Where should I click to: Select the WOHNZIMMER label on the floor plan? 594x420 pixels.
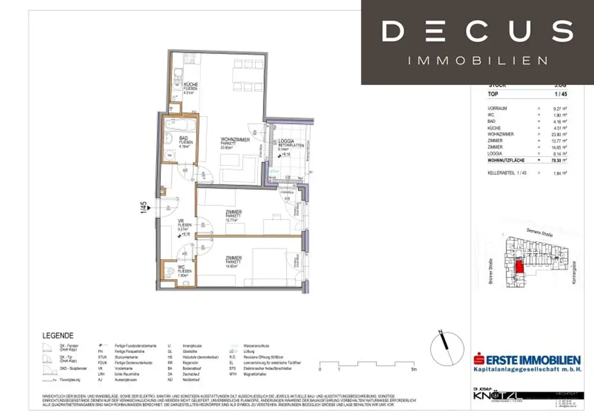click(235, 140)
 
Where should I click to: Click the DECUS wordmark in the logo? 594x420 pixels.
click(477, 31)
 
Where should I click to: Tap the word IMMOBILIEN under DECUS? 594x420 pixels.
click(477, 60)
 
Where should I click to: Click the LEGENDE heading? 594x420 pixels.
click(58, 335)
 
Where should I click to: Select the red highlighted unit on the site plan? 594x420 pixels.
click(520, 266)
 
